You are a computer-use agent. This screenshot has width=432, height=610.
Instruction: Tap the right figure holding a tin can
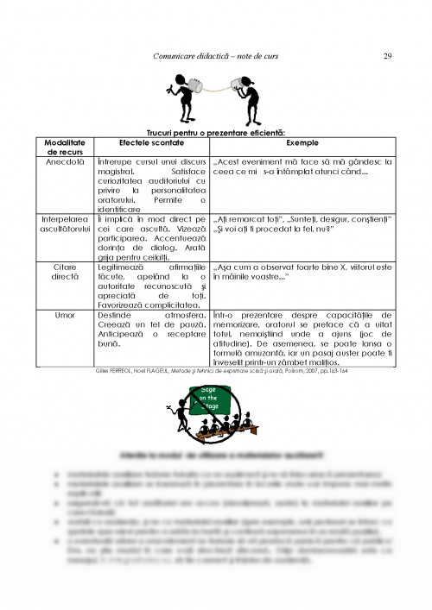253,97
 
